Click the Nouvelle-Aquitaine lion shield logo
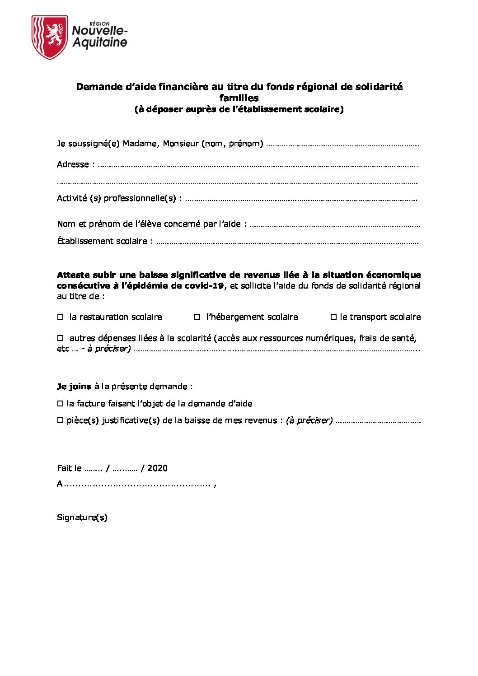50,37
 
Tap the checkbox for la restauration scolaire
60,317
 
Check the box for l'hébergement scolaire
197,317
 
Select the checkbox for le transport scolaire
333,317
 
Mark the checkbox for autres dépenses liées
60,338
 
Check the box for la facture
60,404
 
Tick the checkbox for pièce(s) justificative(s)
60,420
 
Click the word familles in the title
239,98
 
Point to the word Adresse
73,164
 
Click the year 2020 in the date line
157,468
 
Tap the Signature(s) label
82,517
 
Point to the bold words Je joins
74,387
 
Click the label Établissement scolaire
102,241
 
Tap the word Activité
72,198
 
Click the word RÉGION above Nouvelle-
99,23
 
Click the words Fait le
69,468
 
